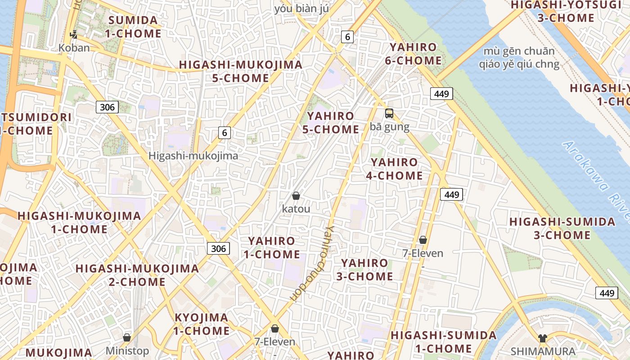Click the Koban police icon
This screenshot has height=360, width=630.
point(73,34)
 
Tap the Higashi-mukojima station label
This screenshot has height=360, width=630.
point(193,156)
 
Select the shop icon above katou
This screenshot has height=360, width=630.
point(296,196)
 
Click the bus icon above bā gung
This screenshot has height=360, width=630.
point(389,113)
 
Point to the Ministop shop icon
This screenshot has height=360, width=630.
point(127,337)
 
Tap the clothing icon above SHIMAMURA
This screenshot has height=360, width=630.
point(543,338)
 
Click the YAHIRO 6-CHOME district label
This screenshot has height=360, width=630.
point(413,54)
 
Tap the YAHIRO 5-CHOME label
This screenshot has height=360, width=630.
point(330,123)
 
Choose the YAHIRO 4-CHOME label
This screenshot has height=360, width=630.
point(394,169)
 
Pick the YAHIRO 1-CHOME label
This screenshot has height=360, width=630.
point(271,247)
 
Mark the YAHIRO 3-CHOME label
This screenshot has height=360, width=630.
point(364,270)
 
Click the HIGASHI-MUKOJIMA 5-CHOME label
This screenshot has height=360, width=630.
point(241,71)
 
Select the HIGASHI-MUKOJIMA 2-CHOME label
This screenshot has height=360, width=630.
point(137,275)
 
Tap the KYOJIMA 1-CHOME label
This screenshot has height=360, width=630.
point(201,324)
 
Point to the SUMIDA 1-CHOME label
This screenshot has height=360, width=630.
point(133,27)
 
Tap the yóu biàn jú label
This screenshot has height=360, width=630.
point(301,9)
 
